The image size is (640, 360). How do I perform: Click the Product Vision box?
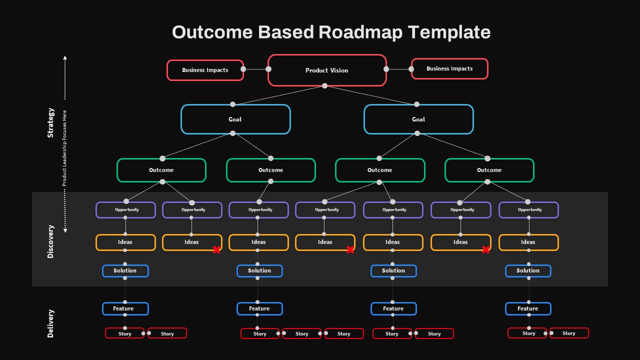[x=327, y=70]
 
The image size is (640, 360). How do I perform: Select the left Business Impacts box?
[x=205, y=70]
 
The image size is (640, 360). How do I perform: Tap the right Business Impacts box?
[x=449, y=69]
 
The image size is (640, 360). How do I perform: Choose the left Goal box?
[x=235, y=119]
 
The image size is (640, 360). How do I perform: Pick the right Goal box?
[x=418, y=119]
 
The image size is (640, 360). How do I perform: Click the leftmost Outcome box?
[x=161, y=170]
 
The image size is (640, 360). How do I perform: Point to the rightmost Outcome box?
[x=489, y=170]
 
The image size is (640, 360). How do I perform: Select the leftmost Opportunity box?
[x=125, y=210]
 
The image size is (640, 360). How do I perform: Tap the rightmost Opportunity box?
[x=528, y=210]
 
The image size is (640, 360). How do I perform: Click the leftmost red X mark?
[x=216, y=249]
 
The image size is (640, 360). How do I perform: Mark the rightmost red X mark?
[x=485, y=249]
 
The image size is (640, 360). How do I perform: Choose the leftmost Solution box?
[x=125, y=271]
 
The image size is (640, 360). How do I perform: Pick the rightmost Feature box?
[x=528, y=309]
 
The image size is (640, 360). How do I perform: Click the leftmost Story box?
[x=124, y=333]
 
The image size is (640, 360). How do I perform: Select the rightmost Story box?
[x=569, y=333]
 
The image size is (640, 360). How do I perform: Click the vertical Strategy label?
[x=50, y=122]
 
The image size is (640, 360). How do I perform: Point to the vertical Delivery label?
[x=50, y=323]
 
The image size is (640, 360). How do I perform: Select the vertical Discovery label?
[x=50, y=241]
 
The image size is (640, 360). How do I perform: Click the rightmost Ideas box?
[x=528, y=242]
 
